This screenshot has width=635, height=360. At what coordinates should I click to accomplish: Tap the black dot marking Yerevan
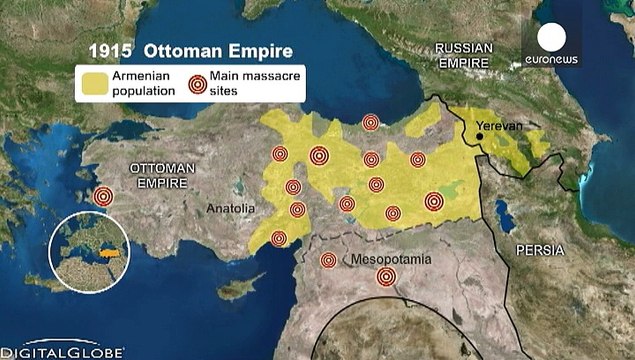[x=481, y=137]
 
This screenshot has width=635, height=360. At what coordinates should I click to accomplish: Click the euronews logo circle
[x=551, y=39]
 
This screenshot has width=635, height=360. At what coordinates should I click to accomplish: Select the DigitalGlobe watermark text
[x=62, y=352]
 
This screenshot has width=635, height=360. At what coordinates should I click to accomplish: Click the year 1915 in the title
[x=108, y=50]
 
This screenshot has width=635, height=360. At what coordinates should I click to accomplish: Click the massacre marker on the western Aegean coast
[x=103, y=197]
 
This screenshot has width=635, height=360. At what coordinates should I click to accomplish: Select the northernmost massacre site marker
[x=371, y=123]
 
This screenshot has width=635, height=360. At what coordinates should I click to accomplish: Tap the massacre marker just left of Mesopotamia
[x=327, y=261]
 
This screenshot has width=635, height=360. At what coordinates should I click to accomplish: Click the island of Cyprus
[x=233, y=288]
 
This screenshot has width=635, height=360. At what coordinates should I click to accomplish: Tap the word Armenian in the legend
[x=143, y=76]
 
